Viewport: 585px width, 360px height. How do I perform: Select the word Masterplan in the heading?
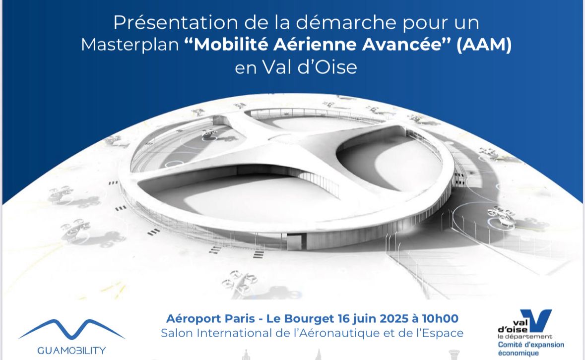coord(130,45)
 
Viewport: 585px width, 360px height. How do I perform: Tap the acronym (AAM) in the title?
coord(484,45)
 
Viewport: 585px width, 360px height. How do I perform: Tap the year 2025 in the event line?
coord(392,318)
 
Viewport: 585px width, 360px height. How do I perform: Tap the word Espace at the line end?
coord(445,333)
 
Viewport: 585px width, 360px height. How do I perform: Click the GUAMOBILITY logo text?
coord(71,351)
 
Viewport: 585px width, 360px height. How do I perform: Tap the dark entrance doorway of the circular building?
coord(293,241)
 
